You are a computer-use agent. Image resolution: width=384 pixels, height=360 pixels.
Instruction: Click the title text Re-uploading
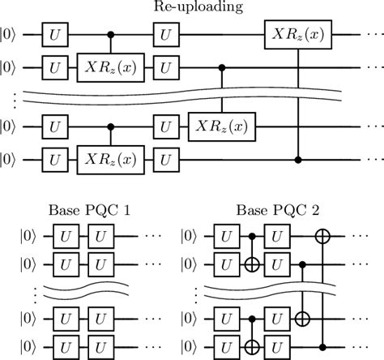click(x=192, y=9)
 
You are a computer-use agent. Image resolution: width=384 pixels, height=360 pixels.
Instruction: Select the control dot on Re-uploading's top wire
click(x=111, y=36)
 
